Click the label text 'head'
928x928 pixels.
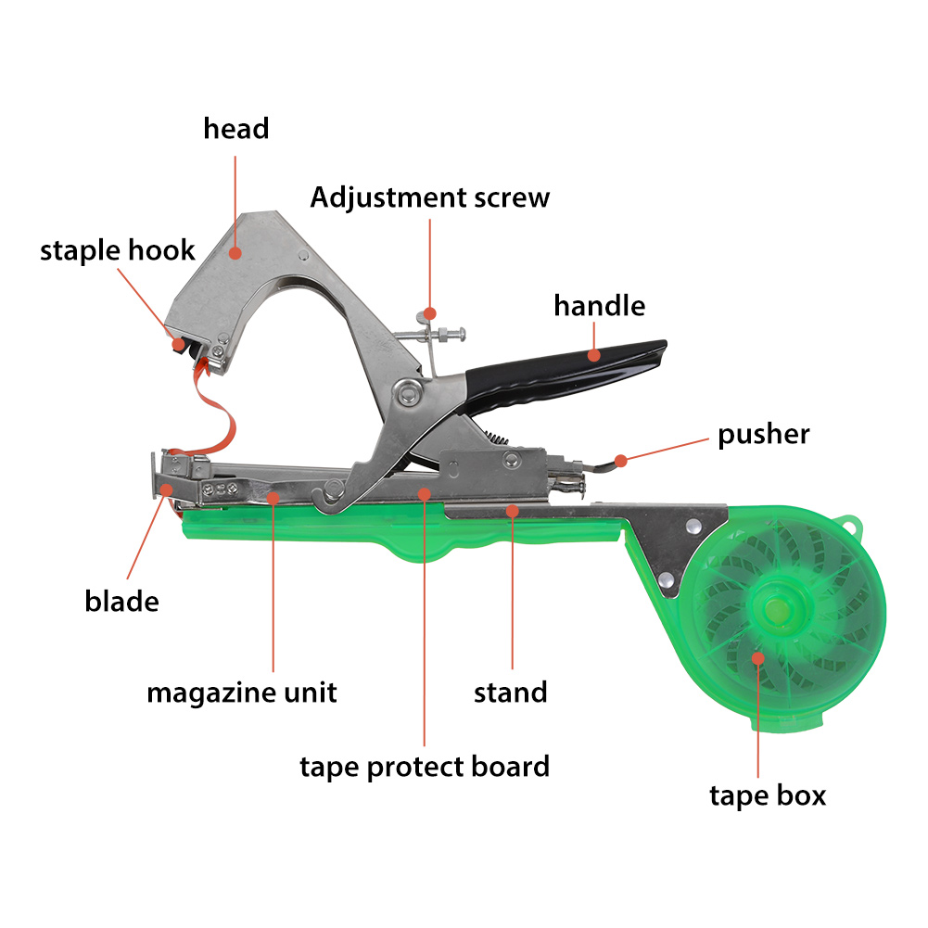pyautogui.click(x=236, y=129)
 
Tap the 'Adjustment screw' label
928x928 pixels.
pyautogui.click(x=430, y=197)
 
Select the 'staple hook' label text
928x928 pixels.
pyautogui.click(x=117, y=251)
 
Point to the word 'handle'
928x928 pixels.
pyautogui.click(x=600, y=306)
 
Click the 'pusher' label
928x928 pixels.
pyautogui.click(x=764, y=435)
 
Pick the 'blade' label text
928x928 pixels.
pyautogui.click(x=122, y=602)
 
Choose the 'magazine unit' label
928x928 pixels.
pyautogui.click(x=241, y=693)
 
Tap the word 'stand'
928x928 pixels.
pyautogui.click(x=510, y=693)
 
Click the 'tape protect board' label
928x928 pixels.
pyautogui.click(x=425, y=768)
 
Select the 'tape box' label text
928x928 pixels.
pyautogui.click(x=768, y=796)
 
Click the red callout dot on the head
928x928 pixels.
pyautogui.click(x=235, y=253)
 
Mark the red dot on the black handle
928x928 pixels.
pyautogui.click(x=593, y=355)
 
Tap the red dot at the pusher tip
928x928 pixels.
pyautogui.click(x=621, y=461)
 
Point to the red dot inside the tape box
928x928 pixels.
pyautogui.click(x=758, y=658)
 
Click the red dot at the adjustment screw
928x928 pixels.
pyautogui.click(x=429, y=313)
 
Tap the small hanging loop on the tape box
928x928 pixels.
pyautogui.click(x=850, y=524)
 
